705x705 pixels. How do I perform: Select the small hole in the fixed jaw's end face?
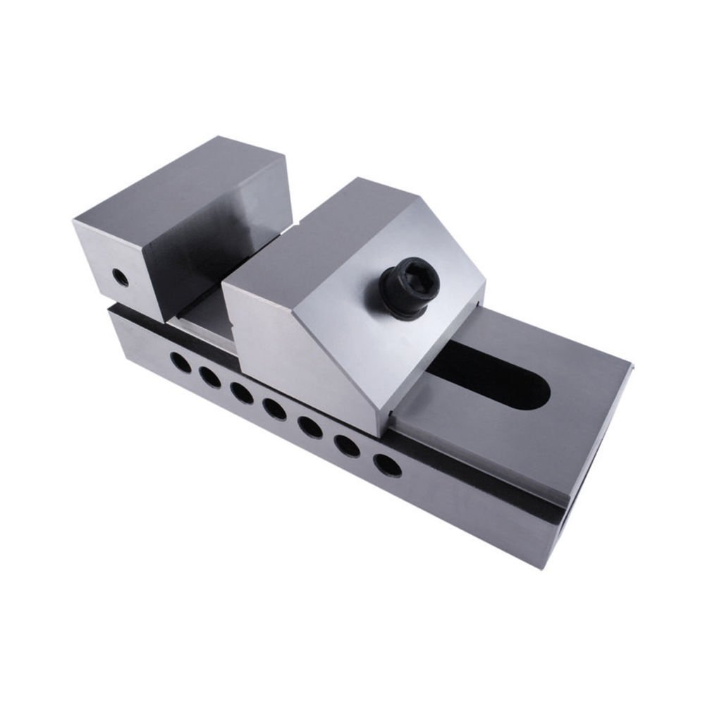[121, 277]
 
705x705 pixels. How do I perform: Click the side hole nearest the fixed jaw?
[180, 362]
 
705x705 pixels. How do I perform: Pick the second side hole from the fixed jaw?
[210, 378]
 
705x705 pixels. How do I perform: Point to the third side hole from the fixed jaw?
[242, 393]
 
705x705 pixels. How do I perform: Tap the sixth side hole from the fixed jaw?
[347, 446]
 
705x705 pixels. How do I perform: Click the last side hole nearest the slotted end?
[387, 465]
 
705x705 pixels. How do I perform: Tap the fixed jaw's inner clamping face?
[211, 261]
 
